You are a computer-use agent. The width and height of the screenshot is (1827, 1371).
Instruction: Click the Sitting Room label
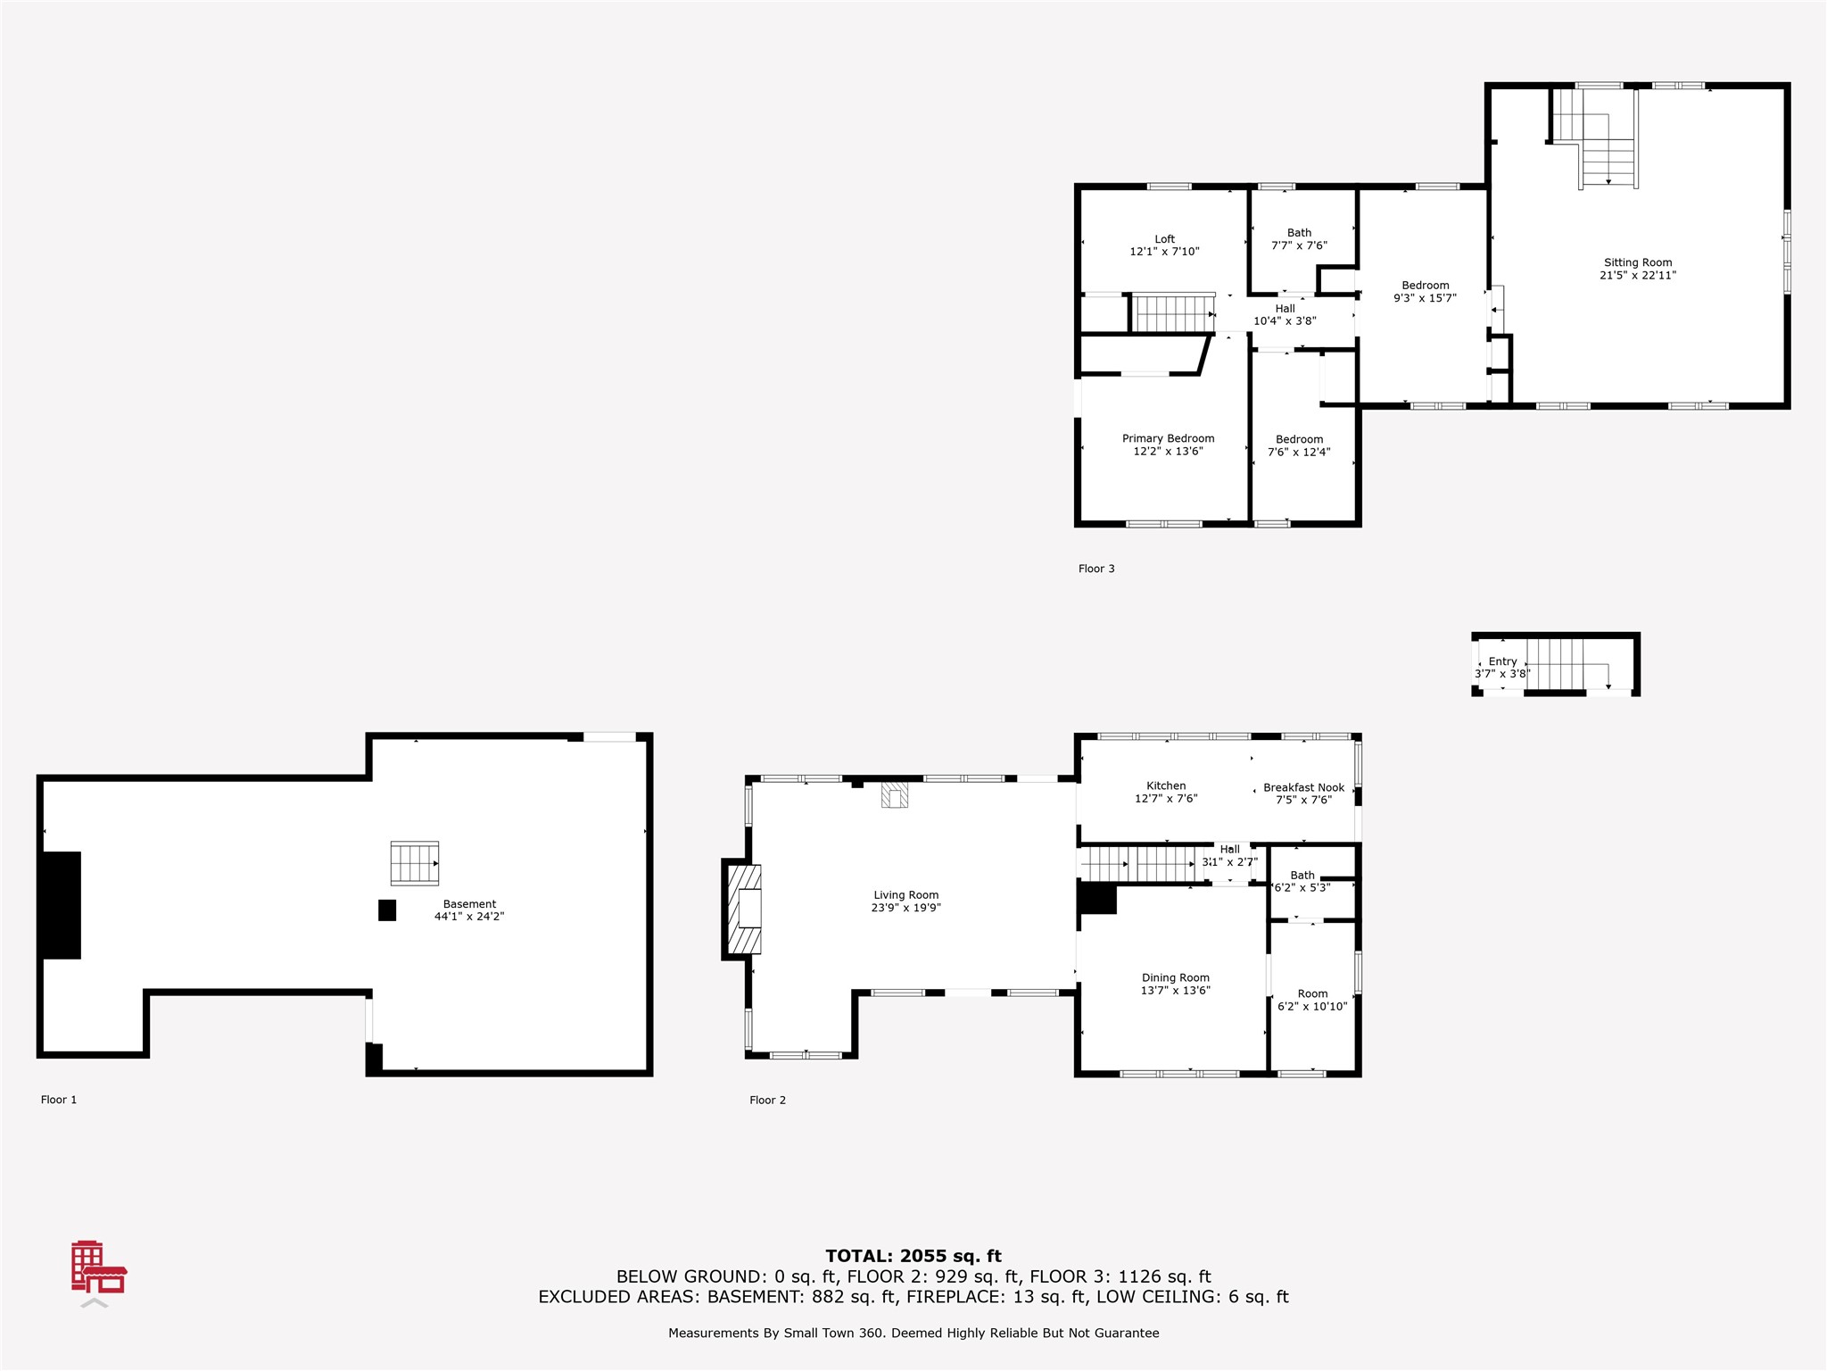click(1638, 262)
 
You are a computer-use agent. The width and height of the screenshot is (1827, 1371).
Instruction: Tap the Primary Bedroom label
click(1168, 438)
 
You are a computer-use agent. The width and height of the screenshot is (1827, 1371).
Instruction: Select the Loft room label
click(1164, 239)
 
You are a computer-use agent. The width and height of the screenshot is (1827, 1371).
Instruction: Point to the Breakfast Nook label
click(1303, 787)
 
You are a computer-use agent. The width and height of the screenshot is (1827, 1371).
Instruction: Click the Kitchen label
click(1166, 785)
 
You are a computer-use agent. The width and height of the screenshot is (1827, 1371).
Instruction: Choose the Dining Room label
click(1176, 977)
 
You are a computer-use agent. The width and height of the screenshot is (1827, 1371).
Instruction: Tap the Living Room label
click(905, 895)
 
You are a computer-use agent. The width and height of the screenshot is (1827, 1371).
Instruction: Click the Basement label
click(469, 904)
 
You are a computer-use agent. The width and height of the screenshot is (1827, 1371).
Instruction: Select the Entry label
click(1503, 661)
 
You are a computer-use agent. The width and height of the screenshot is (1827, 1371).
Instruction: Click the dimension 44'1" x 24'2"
click(469, 917)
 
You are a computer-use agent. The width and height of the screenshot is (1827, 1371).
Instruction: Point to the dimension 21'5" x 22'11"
click(1638, 275)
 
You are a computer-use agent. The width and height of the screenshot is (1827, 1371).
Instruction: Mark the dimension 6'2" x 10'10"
click(1312, 1006)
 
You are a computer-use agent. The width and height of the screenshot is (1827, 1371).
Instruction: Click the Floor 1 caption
click(59, 1100)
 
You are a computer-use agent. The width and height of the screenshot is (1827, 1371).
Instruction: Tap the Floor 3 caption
click(1096, 569)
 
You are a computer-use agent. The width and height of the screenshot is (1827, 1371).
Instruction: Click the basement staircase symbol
click(415, 863)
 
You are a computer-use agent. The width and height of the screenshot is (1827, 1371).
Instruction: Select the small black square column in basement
click(387, 910)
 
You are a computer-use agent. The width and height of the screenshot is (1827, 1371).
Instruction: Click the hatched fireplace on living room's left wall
click(744, 909)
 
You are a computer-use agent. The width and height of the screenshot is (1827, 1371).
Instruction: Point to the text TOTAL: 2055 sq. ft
click(913, 1257)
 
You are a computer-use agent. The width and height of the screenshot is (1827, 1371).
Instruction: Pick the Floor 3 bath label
click(1299, 233)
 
